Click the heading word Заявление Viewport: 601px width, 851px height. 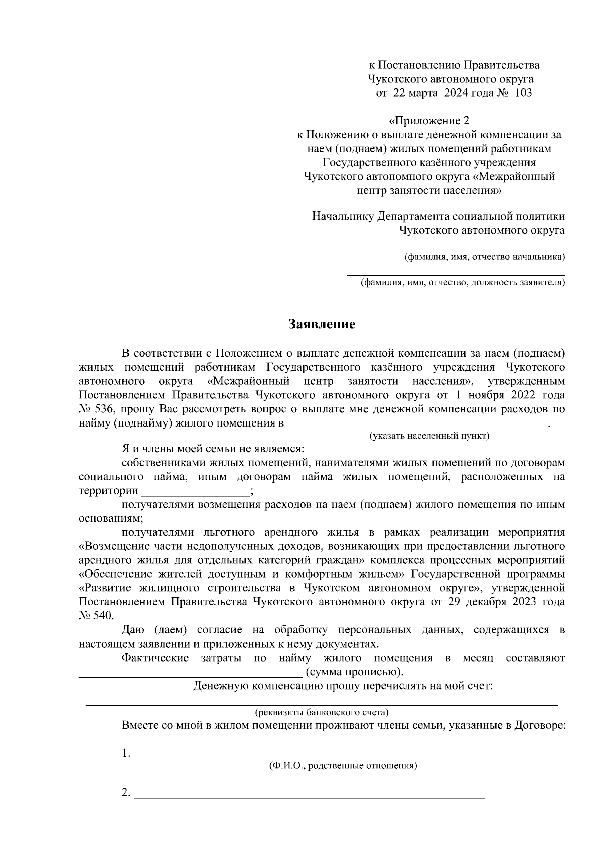(x=322, y=324)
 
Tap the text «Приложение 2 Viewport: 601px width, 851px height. (x=430, y=121)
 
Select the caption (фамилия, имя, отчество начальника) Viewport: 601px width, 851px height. (x=484, y=257)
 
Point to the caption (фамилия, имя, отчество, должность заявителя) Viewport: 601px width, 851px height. (x=463, y=283)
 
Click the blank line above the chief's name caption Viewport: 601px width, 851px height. (x=456, y=249)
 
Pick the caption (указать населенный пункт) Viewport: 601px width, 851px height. (x=429, y=436)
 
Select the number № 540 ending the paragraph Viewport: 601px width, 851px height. (x=96, y=615)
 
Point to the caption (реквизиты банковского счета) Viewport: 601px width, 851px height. (x=322, y=712)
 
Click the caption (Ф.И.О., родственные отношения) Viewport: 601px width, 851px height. (x=343, y=766)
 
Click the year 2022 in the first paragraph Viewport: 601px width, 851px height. (x=520, y=395)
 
